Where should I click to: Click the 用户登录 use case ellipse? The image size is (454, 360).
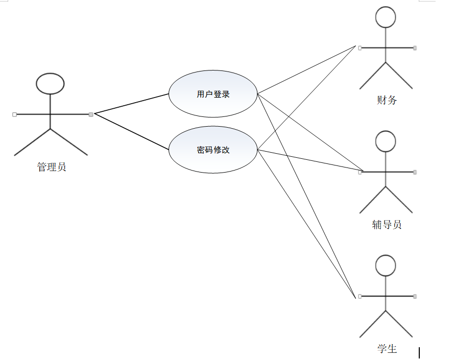[213, 94]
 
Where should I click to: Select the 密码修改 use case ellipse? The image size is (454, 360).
[213, 150]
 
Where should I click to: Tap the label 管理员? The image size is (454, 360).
[52, 166]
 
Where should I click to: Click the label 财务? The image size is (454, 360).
[387, 100]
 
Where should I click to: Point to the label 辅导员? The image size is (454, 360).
[387, 224]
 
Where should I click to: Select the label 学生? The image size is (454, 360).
[387, 349]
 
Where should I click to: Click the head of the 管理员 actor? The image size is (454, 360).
[51, 84]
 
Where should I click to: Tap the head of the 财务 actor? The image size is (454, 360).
[386, 17]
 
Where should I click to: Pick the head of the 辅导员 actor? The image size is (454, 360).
[386, 141]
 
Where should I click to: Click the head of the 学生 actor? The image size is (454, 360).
[386, 266]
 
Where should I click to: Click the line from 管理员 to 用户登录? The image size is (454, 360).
[132, 104]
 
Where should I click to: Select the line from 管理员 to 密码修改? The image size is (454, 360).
[132, 131]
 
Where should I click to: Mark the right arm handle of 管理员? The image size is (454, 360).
[91, 114]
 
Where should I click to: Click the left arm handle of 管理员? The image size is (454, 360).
[14, 114]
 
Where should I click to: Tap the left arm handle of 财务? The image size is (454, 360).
[360, 48]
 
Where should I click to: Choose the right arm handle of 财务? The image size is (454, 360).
[415, 48]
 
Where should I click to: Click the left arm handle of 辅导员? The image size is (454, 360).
[360, 172]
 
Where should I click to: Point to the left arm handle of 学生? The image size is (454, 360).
[360, 296]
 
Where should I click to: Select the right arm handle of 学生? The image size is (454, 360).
[415, 296]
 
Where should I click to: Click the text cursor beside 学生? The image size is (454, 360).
[419, 352]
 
